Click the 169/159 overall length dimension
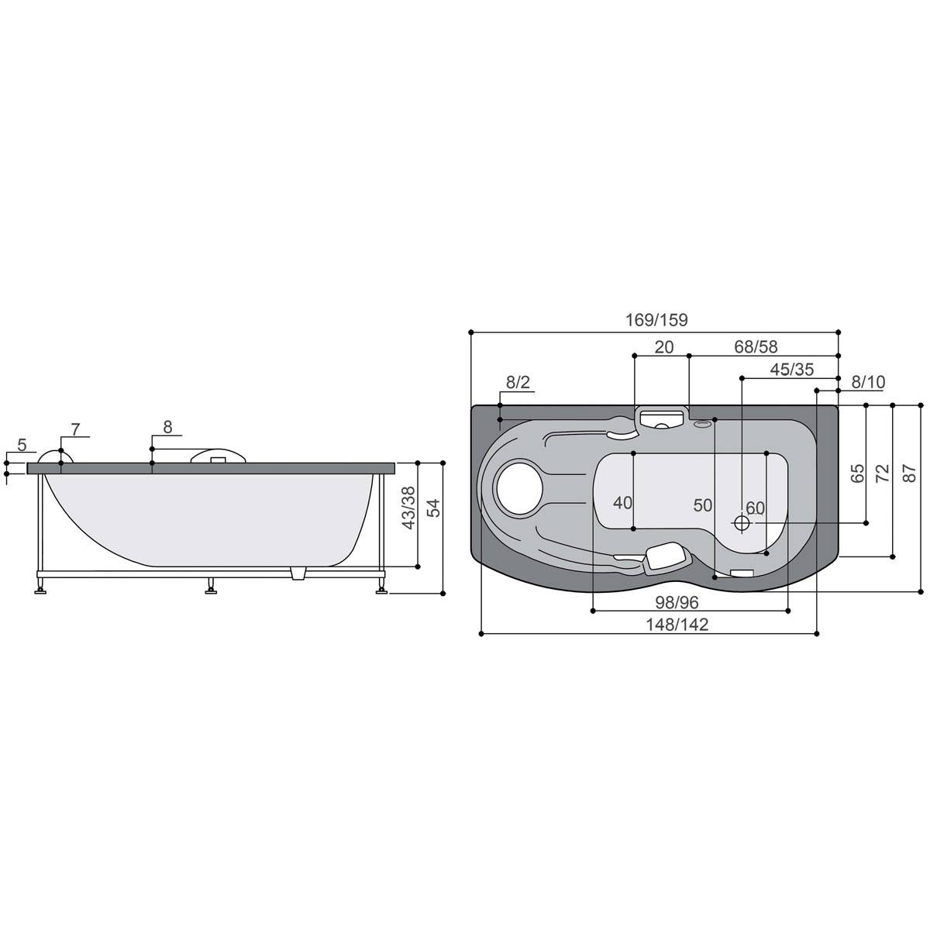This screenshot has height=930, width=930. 656,320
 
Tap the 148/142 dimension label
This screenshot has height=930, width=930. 677,625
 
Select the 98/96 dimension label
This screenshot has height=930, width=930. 677,602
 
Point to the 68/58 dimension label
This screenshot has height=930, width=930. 756,346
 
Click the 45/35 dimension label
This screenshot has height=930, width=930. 792,370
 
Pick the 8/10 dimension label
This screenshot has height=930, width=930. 868,382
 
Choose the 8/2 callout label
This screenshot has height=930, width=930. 518,382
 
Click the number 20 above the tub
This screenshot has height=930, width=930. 663,347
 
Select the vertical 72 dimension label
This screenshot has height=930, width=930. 882,474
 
